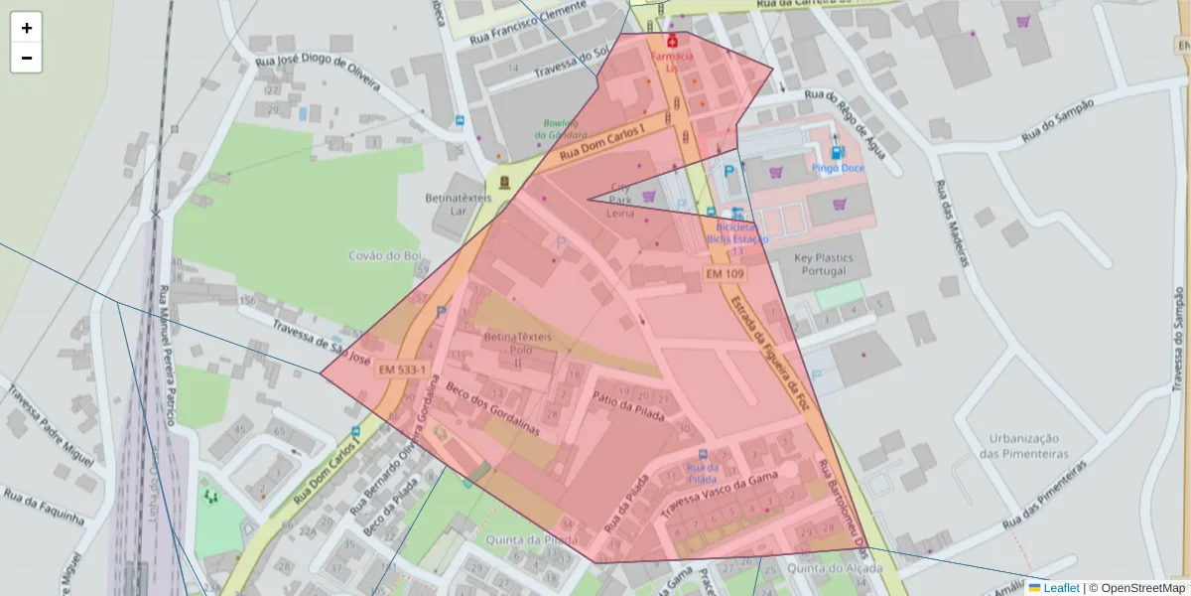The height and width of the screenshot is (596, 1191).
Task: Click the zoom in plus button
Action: click(27, 28)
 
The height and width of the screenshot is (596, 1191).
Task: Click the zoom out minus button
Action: click(27, 58)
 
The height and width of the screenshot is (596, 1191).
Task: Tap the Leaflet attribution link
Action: click(1061, 588)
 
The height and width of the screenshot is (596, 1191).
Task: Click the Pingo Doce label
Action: click(838, 168)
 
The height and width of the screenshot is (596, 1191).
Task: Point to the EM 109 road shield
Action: click(726, 273)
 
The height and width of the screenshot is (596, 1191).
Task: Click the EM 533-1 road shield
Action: click(402, 370)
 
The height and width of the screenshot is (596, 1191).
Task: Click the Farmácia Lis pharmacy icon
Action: click(673, 42)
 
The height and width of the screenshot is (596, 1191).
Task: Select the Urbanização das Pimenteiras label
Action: click(1023, 446)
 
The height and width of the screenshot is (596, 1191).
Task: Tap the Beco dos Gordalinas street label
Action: click(492, 409)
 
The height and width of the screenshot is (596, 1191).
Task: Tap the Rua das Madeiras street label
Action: click(951, 223)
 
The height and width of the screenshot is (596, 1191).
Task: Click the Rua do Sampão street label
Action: click(1057, 117)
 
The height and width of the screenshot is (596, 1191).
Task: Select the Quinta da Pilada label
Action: click(532, 539)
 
